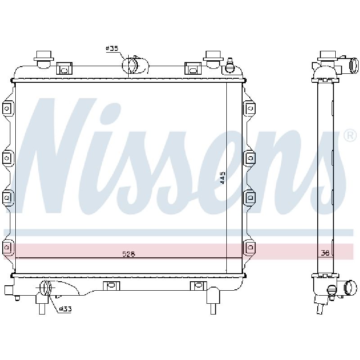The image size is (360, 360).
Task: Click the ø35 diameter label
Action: click(x=112, y=48)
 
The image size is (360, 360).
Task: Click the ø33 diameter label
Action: click(x=65, y=309)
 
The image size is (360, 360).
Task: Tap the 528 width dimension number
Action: click(x=129, y=254)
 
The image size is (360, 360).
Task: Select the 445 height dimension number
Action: click(x=222, y=178)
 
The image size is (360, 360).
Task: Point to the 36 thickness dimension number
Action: click(x=325, y=253)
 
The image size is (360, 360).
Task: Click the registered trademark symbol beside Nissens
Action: click(x=350, y=136)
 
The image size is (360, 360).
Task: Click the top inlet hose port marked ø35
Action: click(x=135, y=65)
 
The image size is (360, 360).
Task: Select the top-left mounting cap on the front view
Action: click(x=44, y=59)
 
